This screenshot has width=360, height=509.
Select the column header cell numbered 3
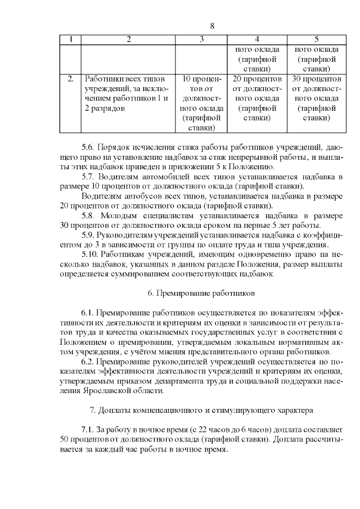point(201,39)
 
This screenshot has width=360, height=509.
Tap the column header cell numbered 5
point(316,39)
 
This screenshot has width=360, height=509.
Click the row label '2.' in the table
point(70,78)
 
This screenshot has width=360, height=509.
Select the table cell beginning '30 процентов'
point(316,98)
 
